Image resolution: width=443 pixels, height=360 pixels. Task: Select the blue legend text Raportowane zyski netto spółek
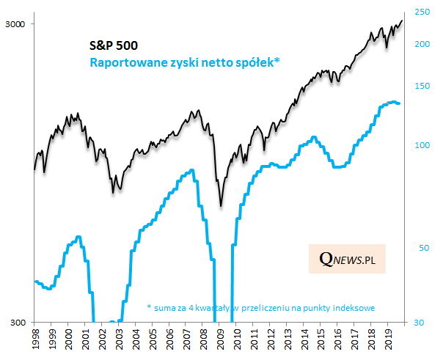(184, 63)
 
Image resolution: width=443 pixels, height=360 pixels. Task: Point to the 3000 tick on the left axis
(15, 24)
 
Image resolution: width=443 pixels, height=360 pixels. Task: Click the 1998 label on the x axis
(35, 341)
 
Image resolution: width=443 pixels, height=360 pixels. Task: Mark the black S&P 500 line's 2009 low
(221, 206)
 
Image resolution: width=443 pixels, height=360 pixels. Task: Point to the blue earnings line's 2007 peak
(192, 170)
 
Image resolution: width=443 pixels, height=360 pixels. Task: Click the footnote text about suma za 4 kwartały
(261, 308)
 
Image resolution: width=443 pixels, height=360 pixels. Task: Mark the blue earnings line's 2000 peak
(78, 237)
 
